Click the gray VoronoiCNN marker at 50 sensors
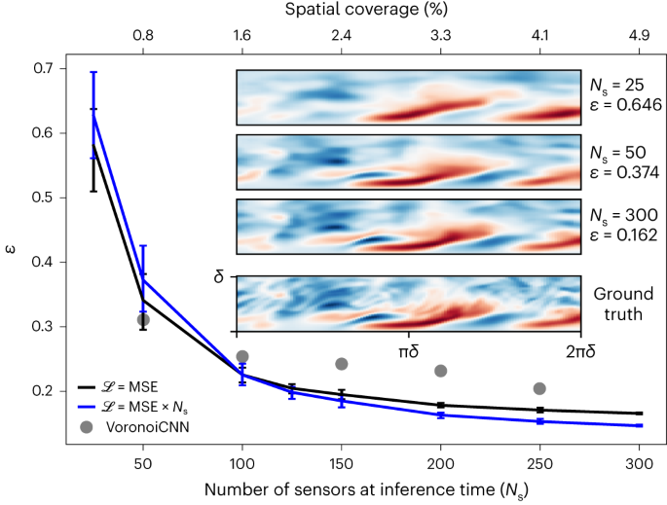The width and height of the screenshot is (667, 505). [143, 320]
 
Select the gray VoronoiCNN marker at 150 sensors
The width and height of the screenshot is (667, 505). [342, 364]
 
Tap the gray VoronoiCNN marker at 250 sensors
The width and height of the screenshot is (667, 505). [540, 388]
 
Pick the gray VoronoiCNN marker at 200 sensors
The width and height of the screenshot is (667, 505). [441, 371]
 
